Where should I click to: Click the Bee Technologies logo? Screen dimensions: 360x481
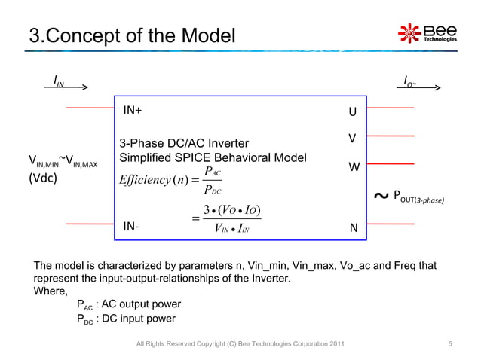click(427, 34)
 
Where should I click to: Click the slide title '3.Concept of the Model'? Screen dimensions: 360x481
click(132, 35)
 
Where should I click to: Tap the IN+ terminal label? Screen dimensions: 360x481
click(133, 111)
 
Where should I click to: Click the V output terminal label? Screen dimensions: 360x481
click(351, 139)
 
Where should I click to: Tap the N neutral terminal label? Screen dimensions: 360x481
click(352, 226)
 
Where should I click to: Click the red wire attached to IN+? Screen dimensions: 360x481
click(90, 108)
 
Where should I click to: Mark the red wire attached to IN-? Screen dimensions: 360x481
click(90, 224)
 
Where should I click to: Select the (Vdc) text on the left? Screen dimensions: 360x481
click(42, 180)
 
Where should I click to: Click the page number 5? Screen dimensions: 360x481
click(449, 344)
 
